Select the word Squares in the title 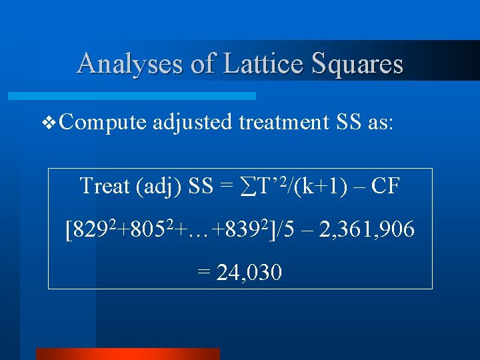[359, 64]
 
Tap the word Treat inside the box [105, 187]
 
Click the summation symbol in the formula [245, 186]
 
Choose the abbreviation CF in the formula [385, 187]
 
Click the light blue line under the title [133, 96]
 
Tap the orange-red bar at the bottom [127, 353]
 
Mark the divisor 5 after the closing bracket [293, 231]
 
